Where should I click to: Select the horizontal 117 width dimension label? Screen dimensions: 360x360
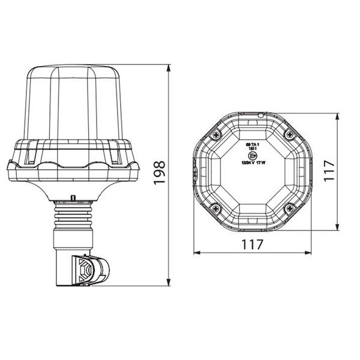click(x=253, y=245)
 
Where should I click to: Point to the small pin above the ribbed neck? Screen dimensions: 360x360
click(x=73, y=197)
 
